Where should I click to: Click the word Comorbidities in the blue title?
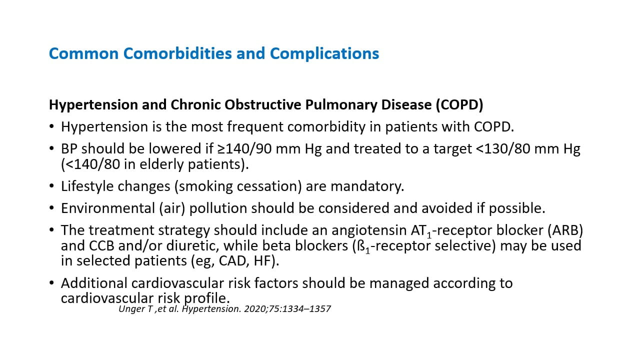177,53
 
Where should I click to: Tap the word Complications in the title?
324,54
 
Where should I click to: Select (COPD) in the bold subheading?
459,104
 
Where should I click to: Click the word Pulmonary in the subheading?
341,105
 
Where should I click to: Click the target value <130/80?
503,149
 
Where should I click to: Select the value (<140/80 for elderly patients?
90,164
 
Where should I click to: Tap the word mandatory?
367,186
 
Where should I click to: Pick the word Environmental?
108,208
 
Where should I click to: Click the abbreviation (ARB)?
565,230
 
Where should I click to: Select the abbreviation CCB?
101,245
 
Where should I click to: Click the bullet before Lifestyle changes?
51,186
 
